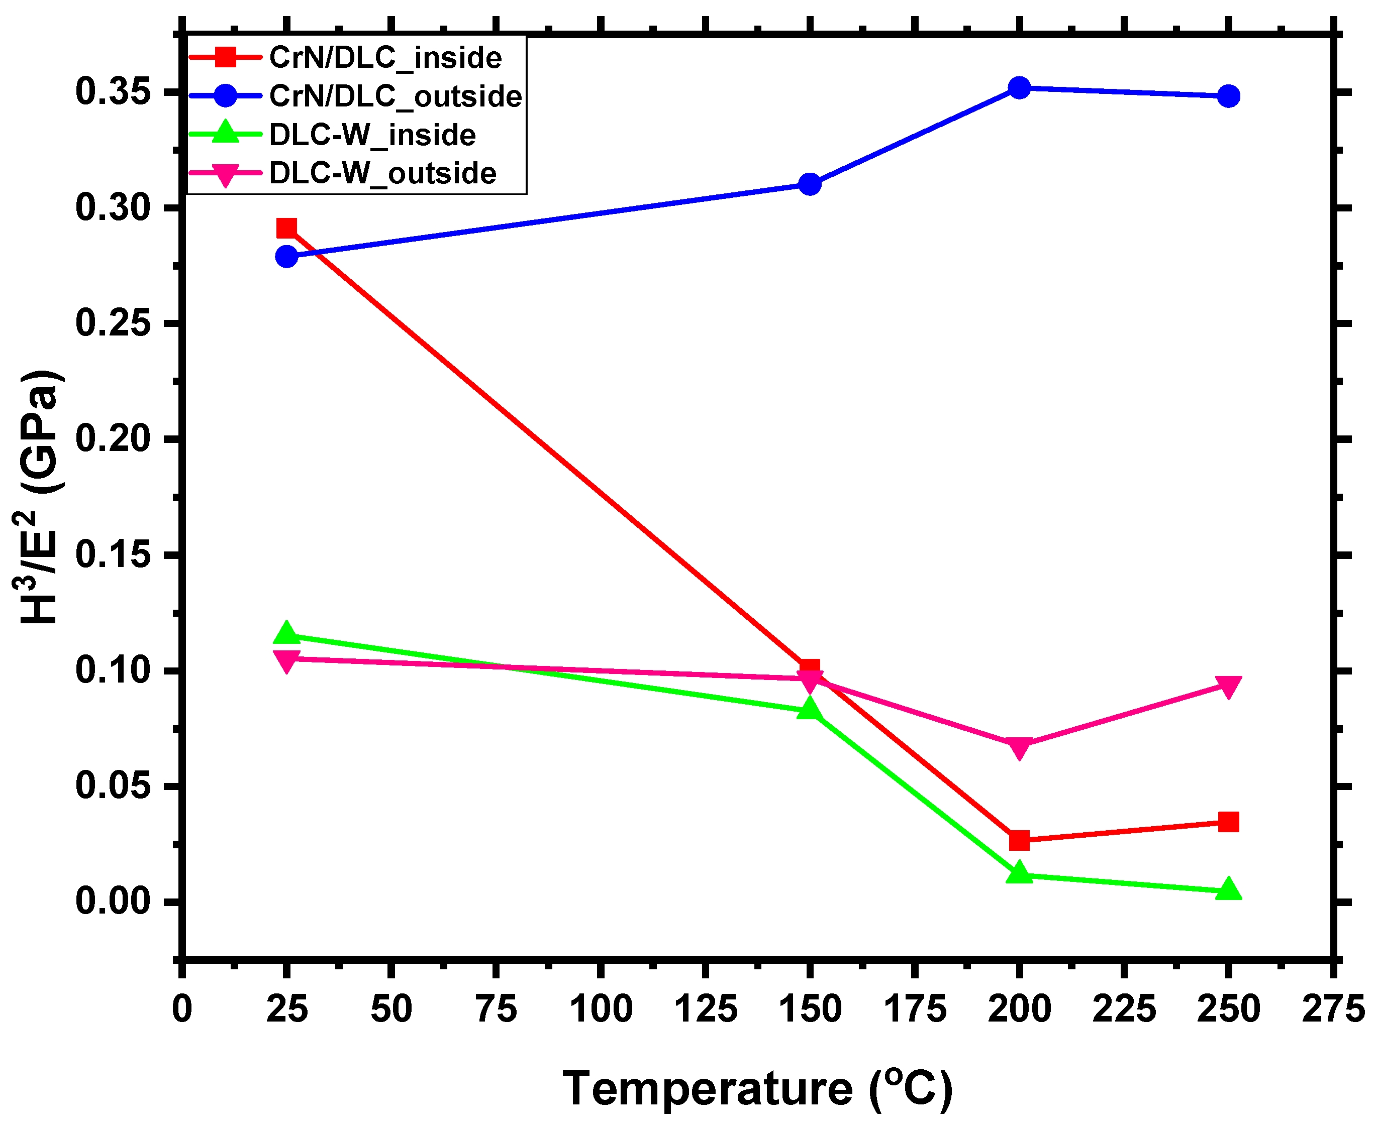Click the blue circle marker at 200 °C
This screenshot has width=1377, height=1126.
pyautogui.click(x=1020, y=87)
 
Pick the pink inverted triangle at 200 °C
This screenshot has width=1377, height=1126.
pyautogui.click(x=1020, y=746)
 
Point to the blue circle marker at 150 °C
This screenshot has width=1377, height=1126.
pyautogui.click(x=810, y=184)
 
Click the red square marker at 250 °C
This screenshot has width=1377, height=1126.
pyautogui.click(x=1228, y=823)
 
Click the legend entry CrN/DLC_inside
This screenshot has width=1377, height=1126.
pyautogui.click(x=385, y=58)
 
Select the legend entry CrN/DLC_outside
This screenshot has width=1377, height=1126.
pyautogui.click(x=395, y=96)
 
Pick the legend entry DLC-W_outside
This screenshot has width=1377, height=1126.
pyautogui.click(x=382, y=173)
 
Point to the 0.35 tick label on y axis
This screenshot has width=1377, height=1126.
pyautogui.click(x=114, y=91)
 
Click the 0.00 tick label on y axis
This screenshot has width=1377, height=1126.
pyautogui.click(x=114, y=902)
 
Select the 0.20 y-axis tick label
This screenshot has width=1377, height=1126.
pyautogui.click(x=114, y=439)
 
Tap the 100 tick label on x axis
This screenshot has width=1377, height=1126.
pyautogui.click(x=601, y=1009)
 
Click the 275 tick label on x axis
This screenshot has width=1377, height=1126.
pyautogui.click(x=1333, y=1009)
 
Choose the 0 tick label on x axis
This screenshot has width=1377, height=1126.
pyautogui.click(x=182, y=1009)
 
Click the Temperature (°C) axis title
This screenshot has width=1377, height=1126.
pyautogui.click(x=757, y=1088)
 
